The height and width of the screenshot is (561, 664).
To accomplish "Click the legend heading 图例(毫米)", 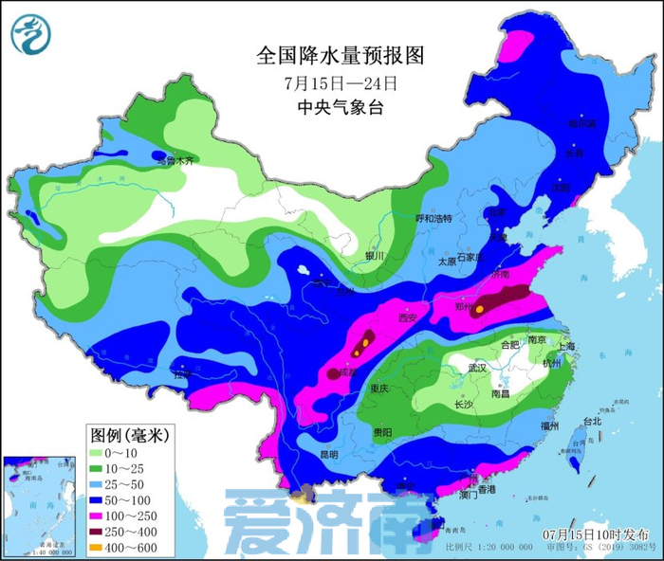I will [129, 435].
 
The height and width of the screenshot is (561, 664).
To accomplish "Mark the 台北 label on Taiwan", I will [591, 421].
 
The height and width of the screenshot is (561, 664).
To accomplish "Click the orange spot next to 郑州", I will [481, 308].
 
